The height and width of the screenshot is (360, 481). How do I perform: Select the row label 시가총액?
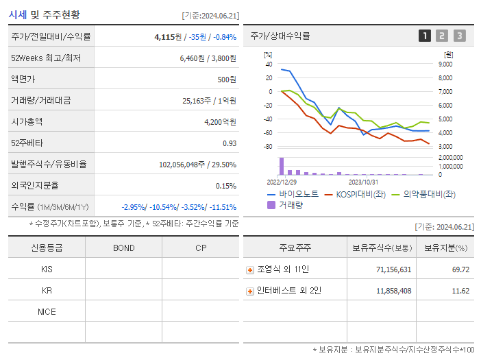coord(27,121)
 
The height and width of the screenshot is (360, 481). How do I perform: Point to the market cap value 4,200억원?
coord(220,121)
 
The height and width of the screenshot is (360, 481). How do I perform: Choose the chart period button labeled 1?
coord(425,36)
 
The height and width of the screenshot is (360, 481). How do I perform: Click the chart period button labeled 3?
coord(459,36)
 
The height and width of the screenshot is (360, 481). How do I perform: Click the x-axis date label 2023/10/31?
coord(363,182)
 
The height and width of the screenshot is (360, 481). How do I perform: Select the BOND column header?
coord(123,248)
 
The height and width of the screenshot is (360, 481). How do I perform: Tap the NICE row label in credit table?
coord(47,311)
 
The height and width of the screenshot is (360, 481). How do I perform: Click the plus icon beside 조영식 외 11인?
coord(250,270)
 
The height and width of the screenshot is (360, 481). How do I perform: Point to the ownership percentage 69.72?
coord(460,269)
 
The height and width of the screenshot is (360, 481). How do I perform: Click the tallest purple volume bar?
coord(281,166)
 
